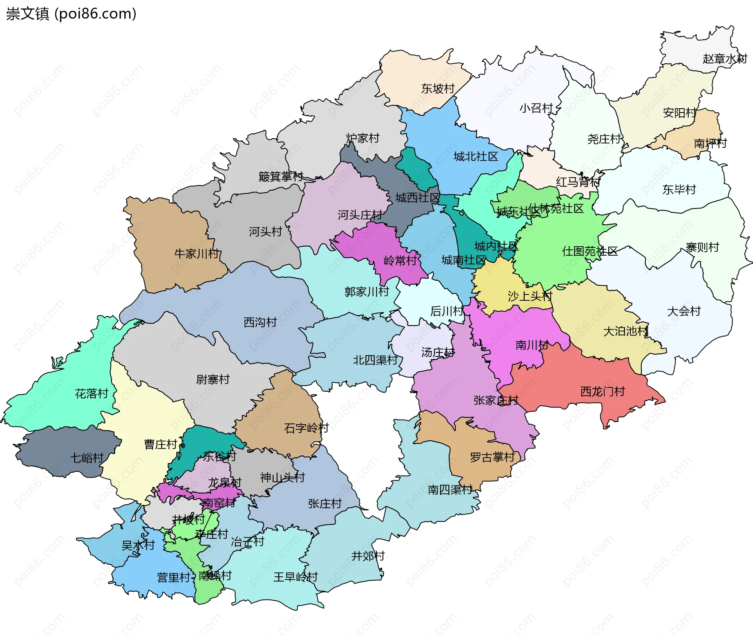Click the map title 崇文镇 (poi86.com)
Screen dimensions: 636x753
71,14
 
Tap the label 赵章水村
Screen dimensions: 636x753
724,59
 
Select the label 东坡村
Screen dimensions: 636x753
438,89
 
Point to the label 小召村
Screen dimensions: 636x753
536,108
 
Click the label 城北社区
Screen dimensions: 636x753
476,156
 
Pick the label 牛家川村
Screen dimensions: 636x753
196,254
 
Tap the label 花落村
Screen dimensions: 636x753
91,393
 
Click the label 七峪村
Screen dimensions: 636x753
87,458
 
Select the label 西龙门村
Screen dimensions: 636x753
602,391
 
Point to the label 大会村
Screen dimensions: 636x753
684,311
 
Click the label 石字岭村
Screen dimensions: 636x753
306,428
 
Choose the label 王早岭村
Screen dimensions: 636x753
295,577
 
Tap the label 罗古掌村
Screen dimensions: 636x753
492,457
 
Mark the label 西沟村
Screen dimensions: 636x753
260,322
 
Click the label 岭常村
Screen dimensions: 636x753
400,260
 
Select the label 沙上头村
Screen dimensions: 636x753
530,296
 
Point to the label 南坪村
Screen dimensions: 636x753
710,143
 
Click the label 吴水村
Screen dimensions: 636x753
138,545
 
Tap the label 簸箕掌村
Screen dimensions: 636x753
281,176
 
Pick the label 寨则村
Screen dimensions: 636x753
702,247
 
